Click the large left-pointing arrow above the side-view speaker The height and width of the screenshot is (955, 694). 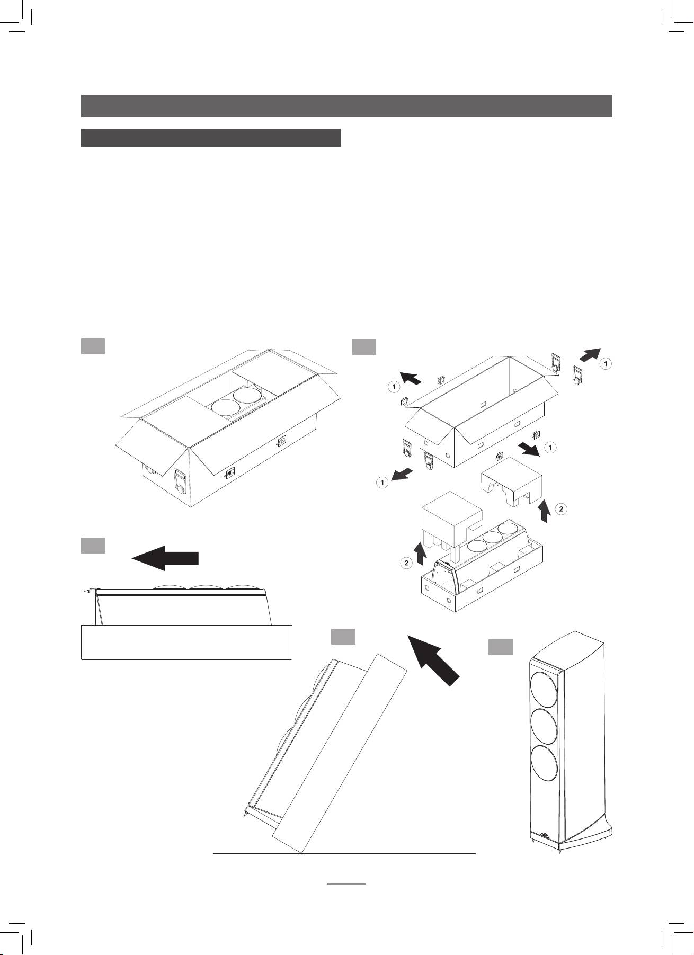click(165, 558)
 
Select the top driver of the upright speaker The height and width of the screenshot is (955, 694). click(543, 689)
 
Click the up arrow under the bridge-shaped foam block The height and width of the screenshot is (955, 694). click(543, 512)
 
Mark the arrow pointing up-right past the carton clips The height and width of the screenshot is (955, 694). click(590, 354)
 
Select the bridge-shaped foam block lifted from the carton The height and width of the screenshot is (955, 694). click(511, 480)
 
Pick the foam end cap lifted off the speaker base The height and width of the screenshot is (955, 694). click(451, 519)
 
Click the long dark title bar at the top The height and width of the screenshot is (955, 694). click(346, 105)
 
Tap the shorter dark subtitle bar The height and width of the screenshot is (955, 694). click(210, 137)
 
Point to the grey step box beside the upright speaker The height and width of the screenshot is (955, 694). click(500, 647)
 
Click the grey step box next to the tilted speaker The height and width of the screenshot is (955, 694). click(343, 637)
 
